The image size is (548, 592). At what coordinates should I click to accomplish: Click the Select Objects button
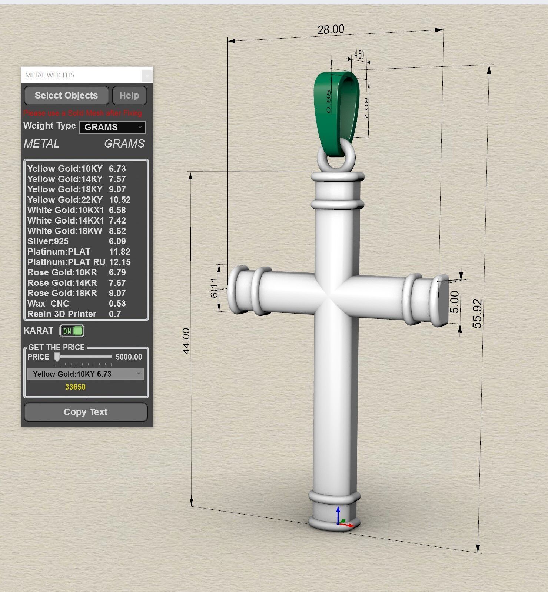click(x=66, y=96)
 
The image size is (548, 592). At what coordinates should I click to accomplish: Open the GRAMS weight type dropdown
click(x=112, y=127)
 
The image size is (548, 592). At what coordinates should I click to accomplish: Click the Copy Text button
click(x=86, y=412)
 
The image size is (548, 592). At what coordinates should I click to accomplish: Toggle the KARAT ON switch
click(x=72, y=331)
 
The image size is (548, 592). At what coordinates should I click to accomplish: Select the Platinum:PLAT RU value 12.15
click(x=120, y=262)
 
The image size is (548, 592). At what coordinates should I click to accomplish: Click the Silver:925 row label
click(x=48, y=241)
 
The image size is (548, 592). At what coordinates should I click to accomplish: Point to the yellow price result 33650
click(x=75, y=387)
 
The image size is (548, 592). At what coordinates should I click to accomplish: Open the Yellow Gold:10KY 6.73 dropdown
click(x=86, y=374)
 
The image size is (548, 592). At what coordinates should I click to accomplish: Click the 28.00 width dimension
click(x=331, y=29)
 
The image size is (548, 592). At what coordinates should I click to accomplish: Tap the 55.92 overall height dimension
click(x=477, y=313)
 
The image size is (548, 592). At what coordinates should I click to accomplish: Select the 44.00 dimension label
click(x=186, y=341)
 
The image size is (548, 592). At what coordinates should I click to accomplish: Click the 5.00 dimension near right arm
click(x=455, y=302)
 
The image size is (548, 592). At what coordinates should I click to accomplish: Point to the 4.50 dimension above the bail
click(x=359, y=54)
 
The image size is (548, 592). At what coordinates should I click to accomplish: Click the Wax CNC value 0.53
click(x=117, y=304)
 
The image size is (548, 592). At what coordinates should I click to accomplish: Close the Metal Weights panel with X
click(x=147, y=76)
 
